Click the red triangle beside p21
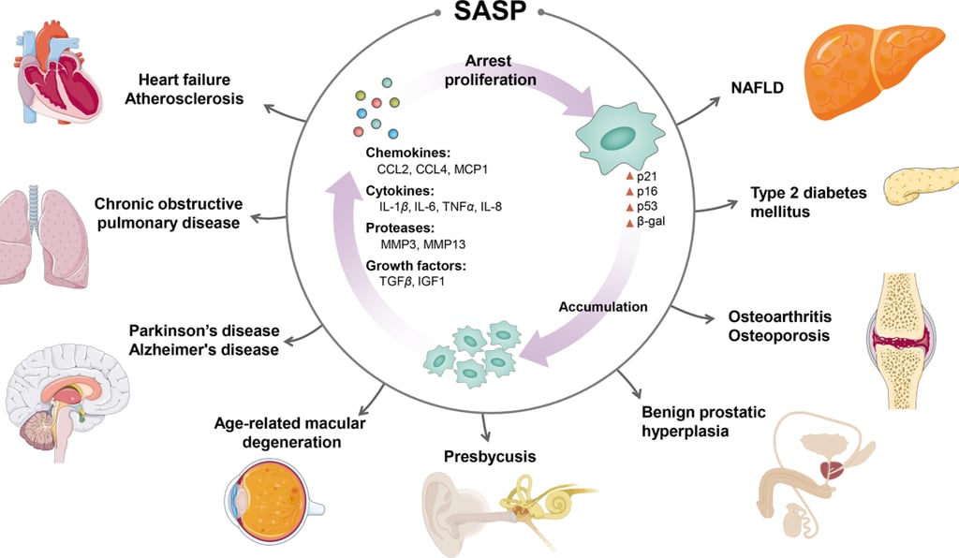click(x=630, y=176)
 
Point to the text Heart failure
click(x=184, y=80)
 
